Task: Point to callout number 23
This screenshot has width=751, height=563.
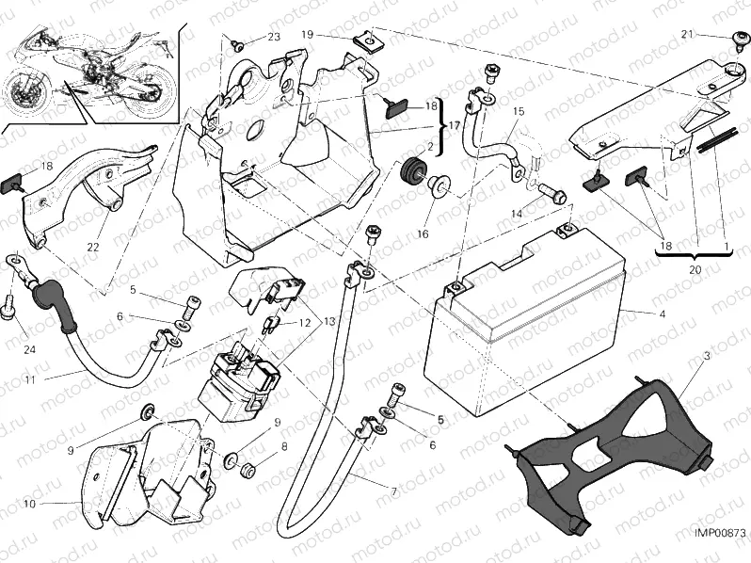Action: coord(273,38)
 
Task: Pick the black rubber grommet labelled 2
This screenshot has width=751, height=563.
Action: coord(410,174)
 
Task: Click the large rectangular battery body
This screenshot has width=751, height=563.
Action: coord(522,339)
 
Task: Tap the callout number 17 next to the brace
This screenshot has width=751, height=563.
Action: coord(455,122)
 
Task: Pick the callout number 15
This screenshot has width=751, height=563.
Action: coord(517,111)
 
